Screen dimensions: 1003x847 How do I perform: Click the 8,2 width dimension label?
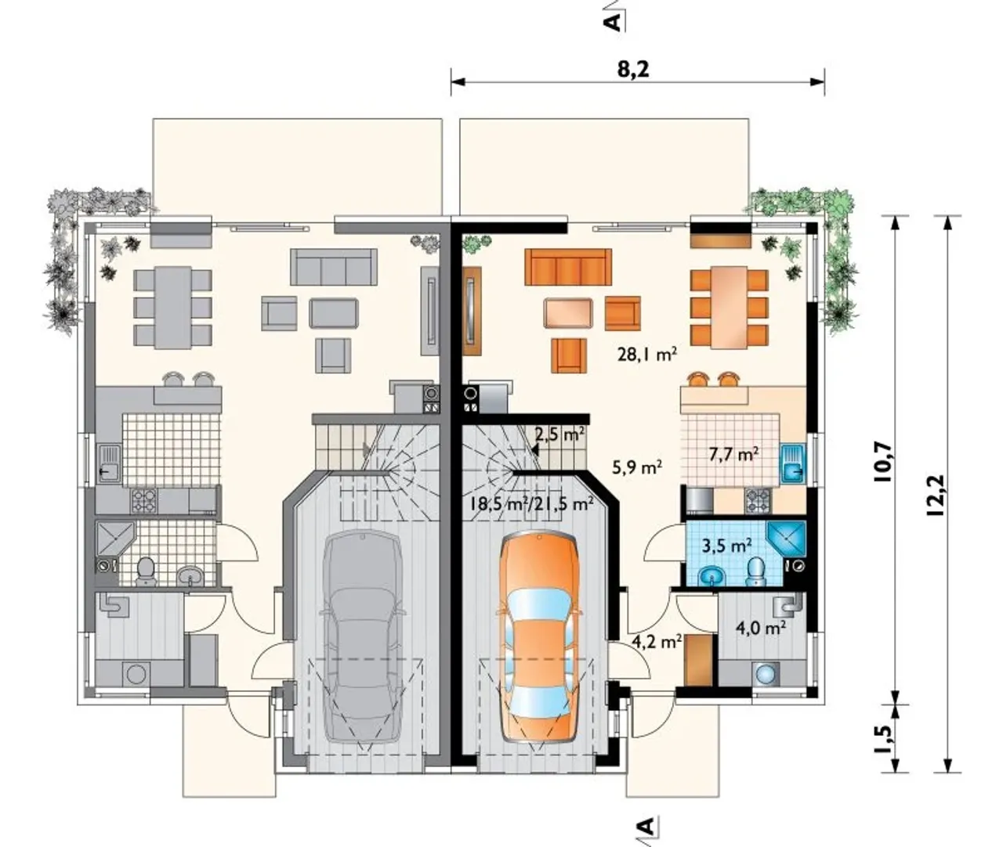633,70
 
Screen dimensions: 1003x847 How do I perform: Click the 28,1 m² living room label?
646,355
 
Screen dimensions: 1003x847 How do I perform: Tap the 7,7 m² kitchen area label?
734,454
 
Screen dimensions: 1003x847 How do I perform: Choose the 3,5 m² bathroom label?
727,546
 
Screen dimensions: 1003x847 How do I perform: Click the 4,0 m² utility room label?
762,629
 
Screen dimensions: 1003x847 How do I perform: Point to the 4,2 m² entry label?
657,642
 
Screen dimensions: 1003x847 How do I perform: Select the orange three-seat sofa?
568,267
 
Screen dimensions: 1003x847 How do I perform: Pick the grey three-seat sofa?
334,267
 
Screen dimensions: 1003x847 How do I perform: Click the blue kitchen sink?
793,463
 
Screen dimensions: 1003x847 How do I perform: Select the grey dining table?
172,308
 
